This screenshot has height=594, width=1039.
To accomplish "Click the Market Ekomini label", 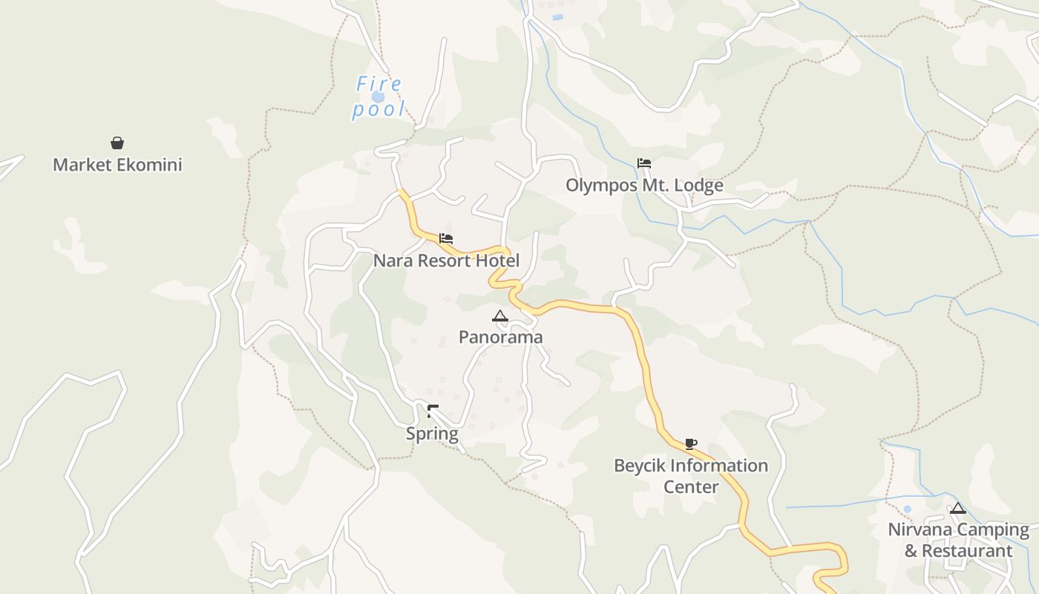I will [117, 165].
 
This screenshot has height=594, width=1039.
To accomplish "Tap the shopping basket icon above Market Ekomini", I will [117, 143].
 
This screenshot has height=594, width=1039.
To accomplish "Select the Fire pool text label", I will [379, 97].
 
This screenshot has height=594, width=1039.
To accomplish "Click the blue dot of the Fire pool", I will [378, 97].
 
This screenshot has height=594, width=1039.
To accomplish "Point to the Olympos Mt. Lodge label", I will [644, 186].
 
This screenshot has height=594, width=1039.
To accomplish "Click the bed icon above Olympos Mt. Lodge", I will [644, 163].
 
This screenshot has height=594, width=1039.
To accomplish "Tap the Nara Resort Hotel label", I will [446, 261].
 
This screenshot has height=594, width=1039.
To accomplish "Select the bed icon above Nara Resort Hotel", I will [446, 238].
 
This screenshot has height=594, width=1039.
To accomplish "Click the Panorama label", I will [500, 337].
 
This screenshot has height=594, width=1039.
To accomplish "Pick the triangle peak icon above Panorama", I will [500, 316].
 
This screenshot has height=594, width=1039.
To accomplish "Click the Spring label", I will [432, 434].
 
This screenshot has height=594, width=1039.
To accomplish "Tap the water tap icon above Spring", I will [433, 411].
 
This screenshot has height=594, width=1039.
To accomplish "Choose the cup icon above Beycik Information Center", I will [691, 444].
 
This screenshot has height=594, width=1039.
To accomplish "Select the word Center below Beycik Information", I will [691, 487].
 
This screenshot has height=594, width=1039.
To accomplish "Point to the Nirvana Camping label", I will [958, 530].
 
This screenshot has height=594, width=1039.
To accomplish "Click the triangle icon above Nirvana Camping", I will [958, 509].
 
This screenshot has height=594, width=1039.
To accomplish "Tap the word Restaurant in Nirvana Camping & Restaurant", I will [969, 551].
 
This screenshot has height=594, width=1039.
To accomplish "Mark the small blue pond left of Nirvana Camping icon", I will [907, 509].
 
